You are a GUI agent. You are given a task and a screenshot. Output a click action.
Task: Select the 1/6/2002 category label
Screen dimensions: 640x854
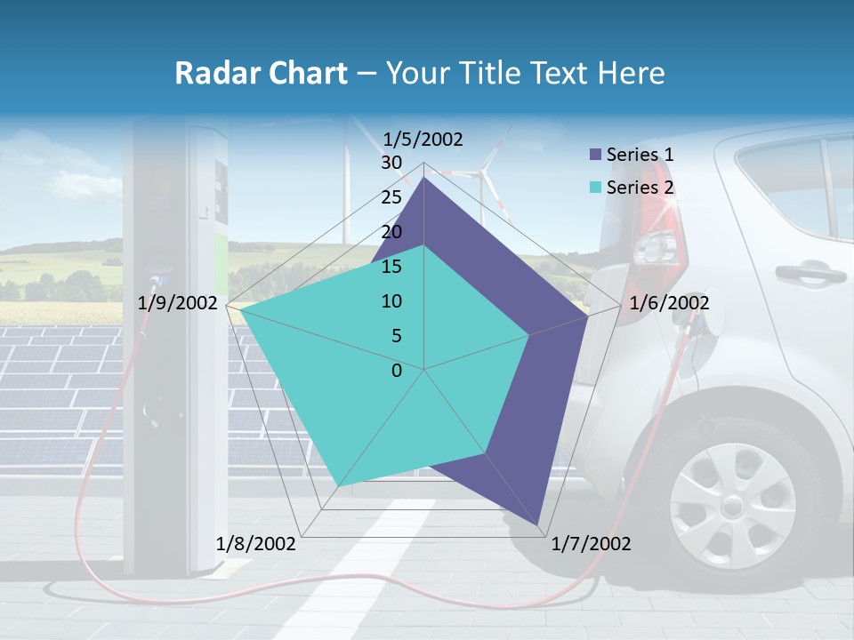click(669, 303)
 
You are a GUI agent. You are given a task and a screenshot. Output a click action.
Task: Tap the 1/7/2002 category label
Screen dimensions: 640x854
click(591, 544)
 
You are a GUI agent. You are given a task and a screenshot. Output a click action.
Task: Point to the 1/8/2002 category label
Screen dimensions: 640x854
click(256, 544)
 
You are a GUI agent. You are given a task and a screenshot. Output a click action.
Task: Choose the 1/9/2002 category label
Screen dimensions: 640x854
click(178, 303)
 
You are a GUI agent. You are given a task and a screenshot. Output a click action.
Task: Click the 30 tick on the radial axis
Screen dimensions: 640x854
click(391, 163)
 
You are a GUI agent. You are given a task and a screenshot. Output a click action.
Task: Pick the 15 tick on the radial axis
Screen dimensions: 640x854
click(391, 267)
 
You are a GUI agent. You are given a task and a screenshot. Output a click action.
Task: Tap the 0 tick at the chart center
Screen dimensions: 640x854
click(397, 371)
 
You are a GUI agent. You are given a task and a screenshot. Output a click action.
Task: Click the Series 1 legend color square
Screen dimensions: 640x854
click(595, 155)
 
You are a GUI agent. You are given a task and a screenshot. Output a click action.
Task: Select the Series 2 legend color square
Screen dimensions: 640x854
click(595, 188)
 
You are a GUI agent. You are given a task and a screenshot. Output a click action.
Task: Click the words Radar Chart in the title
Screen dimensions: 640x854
click(261, 73)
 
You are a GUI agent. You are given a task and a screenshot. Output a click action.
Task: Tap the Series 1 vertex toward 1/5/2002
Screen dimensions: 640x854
click(423, 178)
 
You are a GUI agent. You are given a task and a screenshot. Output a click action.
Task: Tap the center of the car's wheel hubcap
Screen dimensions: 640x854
click(731, 505)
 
